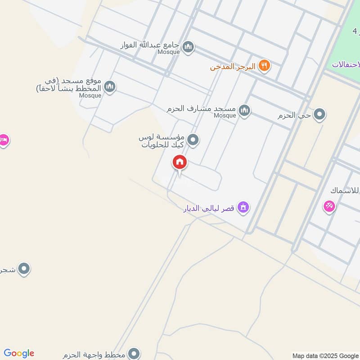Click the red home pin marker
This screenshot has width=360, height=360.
point(180,162)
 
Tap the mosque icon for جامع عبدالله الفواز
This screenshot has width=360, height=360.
point(189,46)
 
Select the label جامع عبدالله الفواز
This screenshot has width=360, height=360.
point(150,45)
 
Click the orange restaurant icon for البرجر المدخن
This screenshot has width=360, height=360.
point(265,66)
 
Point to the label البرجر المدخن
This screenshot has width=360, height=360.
point(232,67)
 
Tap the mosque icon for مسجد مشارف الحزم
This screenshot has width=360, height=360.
point(244,110)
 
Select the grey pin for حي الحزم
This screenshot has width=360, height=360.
point(319,115)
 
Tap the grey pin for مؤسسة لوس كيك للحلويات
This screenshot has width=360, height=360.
point(193,140)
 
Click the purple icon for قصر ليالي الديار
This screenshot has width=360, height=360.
point(243,207)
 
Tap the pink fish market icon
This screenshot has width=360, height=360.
point(329,207)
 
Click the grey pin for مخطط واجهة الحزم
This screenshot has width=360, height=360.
point(134,354)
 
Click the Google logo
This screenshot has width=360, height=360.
point(19,353)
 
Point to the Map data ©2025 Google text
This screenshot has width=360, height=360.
point(325,355)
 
